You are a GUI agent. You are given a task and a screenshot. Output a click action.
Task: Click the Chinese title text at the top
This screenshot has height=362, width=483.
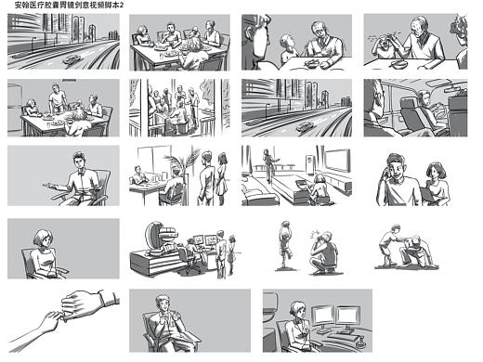(x=69, y=5)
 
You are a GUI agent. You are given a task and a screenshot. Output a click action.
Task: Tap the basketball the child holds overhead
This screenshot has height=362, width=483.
(x=286, y=226)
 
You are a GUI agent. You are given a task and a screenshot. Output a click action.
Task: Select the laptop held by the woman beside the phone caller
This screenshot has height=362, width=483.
(x=428, y=194)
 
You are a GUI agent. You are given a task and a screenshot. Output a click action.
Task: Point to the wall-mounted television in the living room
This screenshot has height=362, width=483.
(x=337, y=161)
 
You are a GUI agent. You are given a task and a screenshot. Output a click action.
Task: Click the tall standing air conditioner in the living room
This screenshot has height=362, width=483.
(x=309, y=165)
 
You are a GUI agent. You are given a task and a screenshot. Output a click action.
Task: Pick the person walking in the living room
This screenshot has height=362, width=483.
(x=268, y=165)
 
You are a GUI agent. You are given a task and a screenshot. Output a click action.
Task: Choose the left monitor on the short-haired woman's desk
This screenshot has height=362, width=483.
(x=323, y=317)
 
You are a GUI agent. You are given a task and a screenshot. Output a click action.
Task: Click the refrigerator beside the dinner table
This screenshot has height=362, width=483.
(x=15, y=108)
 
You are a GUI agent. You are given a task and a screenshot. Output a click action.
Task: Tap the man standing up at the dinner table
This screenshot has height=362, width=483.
(x=58, y=97)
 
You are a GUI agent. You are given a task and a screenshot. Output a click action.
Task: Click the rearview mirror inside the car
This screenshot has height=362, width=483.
(x=454, y=90)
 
